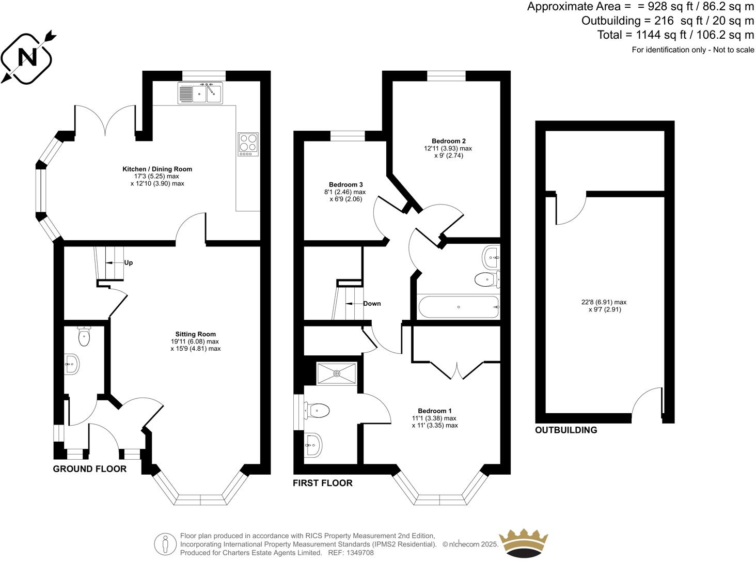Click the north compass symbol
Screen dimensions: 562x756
point(27,57)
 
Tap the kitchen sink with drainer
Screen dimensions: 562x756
point(200,93)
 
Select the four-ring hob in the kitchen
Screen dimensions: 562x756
point(248,144)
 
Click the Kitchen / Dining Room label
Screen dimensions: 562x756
point(157,169)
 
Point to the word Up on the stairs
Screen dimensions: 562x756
point(129,262)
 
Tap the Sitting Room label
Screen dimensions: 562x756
point(195,334)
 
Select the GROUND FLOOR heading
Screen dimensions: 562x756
point(89,469)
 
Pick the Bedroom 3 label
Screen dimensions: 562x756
point(346,184)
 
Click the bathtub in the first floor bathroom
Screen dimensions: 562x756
point(458,307)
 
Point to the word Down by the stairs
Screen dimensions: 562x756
point(372,303)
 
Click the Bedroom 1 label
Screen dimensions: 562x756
point(434,411)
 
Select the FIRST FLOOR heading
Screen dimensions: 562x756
point(323,483)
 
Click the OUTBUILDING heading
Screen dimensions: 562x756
point(566,430)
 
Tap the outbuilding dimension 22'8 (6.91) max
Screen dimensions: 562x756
point(604,302)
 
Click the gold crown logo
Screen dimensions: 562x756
point(523,543)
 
